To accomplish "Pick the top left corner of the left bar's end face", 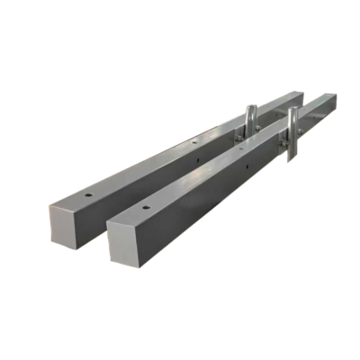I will [x=49, y=205].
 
